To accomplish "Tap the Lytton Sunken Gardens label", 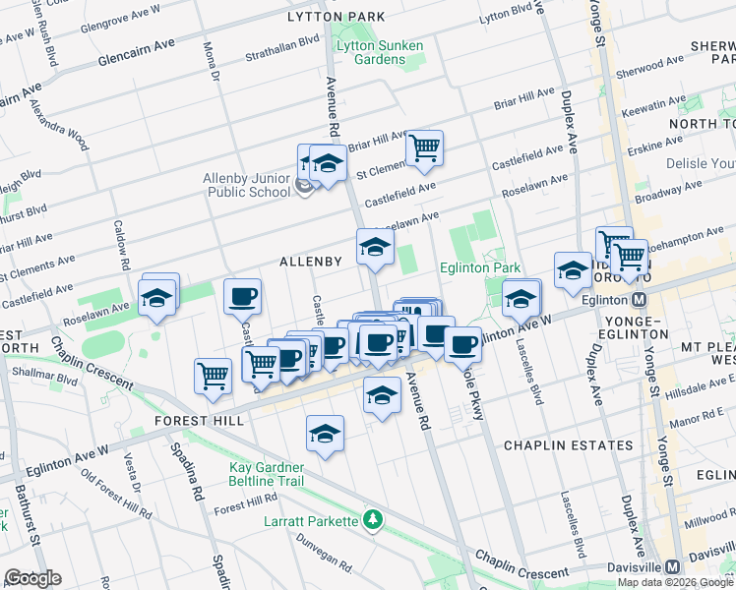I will point(379,52).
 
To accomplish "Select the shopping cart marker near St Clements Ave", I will point(424,148).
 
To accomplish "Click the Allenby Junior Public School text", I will point(246,185).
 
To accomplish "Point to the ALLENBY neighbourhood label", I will point(310,262).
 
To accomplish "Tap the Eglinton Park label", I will point(479,267).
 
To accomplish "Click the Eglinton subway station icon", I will point(640,299).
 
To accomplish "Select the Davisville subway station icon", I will point(672,566).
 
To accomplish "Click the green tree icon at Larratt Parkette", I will point(372,518).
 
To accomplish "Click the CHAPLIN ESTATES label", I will point(568,445).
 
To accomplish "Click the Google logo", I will point(32,578).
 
